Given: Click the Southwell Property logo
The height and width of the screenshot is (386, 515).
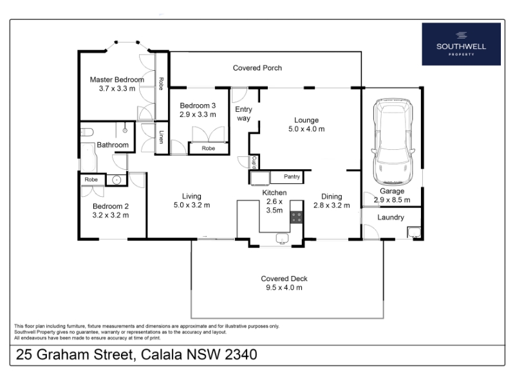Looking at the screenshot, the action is [461, 44].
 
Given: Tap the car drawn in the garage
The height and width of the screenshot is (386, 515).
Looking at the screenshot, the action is [393, 142].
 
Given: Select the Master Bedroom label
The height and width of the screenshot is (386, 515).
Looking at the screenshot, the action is [117, 80].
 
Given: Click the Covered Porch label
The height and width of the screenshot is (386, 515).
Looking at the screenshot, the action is [257, 68].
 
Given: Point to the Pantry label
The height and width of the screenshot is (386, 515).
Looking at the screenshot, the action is [292, 176].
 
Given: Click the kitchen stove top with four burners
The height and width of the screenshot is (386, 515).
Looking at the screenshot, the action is [296, 217].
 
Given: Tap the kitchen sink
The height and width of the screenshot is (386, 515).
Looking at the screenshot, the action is [282, 237].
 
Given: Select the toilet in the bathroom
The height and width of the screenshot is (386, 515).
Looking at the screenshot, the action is [87, 133].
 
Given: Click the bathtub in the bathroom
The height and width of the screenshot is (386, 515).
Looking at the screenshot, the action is [89, 157].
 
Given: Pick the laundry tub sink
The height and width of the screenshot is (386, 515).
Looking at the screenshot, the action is [414, 232].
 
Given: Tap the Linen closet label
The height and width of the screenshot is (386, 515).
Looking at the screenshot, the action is [161, 137].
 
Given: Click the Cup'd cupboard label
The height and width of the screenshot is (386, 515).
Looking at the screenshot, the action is [254, 162].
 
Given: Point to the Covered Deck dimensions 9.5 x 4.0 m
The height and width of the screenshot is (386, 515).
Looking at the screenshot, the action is [284, 288].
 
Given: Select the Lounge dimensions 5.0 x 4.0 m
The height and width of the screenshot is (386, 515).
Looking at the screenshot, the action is [306, 129].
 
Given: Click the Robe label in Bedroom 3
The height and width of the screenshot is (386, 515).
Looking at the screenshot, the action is [208, 149].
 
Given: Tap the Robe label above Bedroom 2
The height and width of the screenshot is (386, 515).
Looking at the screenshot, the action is [91, 179].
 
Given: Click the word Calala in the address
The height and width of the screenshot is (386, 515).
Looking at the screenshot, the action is [162, 354].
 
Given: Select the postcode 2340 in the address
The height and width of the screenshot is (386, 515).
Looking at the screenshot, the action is [241, 354].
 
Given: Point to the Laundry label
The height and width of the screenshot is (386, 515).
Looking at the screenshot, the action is [391, 217].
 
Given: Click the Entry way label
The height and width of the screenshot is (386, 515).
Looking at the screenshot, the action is [244, 114].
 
